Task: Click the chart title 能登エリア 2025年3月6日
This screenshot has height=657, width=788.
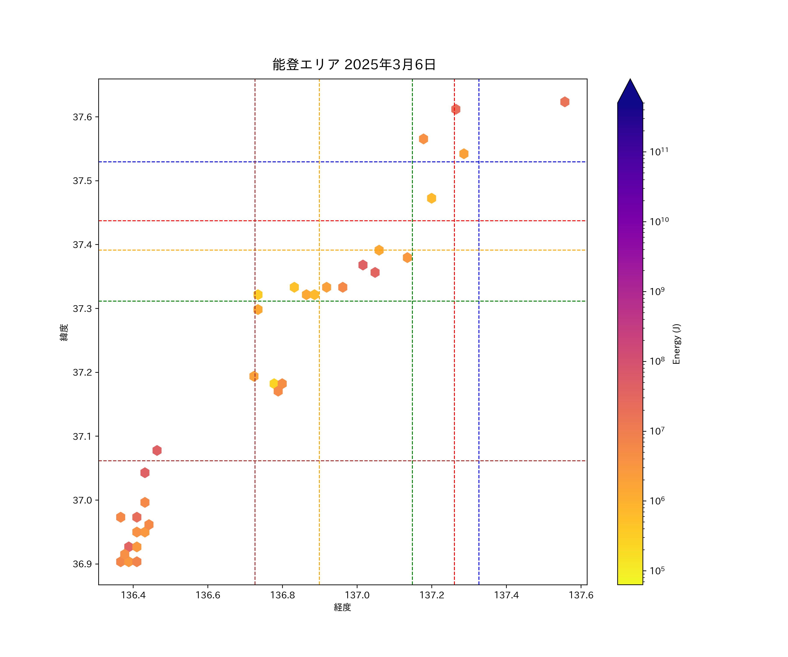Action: [x=354, y=65]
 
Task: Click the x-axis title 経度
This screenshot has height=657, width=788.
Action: [x=342, y=608]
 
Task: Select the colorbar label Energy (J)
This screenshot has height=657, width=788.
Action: [x=677, y=344]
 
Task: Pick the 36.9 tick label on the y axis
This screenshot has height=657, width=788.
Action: [x=82, y=564]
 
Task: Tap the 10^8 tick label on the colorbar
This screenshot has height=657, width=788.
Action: [x=657, y=361]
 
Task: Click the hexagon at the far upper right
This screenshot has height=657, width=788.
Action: [x=565, y=102]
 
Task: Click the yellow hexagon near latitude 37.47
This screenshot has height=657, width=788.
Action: [x=431, y=198]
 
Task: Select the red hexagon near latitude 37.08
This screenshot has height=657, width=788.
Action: [x=157, y=450]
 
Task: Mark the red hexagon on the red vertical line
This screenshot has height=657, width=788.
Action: [x=456, y=109]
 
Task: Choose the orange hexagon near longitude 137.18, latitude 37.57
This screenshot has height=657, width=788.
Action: [x=423, y=139]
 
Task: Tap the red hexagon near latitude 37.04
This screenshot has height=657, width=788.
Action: [x=145, y=473]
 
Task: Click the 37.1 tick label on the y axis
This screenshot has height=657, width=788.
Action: [x=82, y=436]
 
